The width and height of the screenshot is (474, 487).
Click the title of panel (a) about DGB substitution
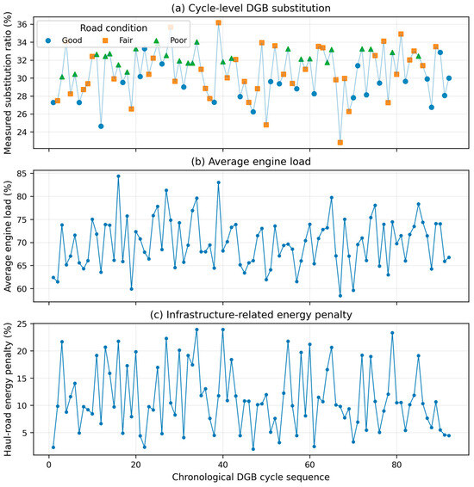251,8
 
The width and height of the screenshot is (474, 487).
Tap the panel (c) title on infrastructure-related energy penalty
251,315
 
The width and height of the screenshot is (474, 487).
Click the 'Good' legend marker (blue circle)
48,40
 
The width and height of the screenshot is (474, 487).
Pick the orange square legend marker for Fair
105,40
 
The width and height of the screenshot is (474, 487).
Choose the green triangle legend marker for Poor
157,40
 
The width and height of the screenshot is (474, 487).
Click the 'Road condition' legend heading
114,28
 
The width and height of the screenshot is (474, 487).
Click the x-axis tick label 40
222,465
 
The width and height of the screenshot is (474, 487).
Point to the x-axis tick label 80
396,465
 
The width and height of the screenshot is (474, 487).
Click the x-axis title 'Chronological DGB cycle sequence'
251,477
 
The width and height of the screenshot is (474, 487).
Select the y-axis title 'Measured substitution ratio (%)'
8,83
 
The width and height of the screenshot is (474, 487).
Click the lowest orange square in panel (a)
340,143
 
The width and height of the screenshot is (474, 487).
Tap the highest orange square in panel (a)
218,22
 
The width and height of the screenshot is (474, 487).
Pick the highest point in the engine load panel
118,176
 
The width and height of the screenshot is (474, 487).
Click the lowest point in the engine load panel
340,296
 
